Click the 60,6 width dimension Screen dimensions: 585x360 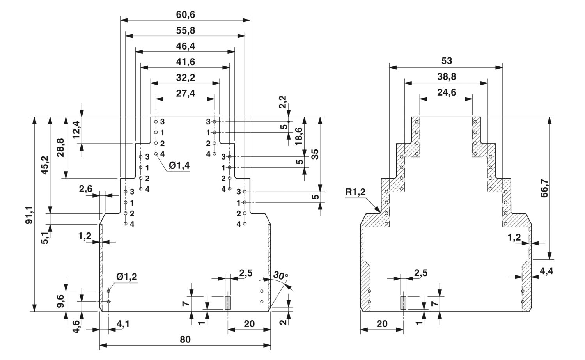point(185,15)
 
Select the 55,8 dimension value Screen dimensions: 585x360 point(185,30)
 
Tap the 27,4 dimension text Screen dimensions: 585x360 point(185,93)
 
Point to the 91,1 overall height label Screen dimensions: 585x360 point(29,215)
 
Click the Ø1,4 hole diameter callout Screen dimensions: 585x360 point(179,165)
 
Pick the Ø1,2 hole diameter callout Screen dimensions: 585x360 point(127,277)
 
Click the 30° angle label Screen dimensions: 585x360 point(280,275)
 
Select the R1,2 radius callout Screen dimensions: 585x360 point(355,192)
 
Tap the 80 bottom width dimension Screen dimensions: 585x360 point(185,339)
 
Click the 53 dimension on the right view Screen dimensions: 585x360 point(447,61)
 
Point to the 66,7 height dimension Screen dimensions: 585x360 point(544,188)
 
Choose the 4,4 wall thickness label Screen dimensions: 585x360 point(546,271)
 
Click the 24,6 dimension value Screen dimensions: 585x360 point(447,92)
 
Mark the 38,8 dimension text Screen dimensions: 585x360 point(447,76)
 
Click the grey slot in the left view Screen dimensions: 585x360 point(228,303)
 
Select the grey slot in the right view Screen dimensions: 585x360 point(403,303)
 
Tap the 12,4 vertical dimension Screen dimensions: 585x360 point(76,129)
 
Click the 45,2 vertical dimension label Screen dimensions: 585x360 point(45,165)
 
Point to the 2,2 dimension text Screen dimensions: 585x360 point(283,102)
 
